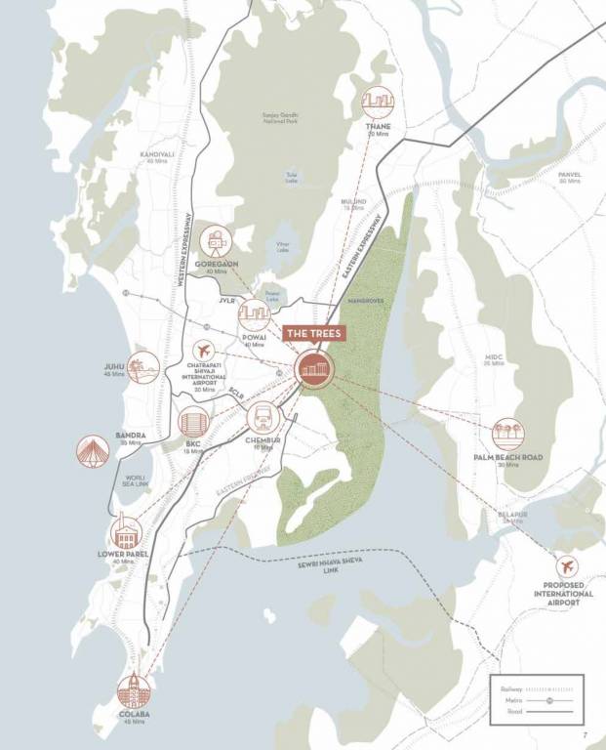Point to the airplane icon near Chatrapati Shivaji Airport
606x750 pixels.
click(204, 350)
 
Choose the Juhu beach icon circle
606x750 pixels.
click(142, 366)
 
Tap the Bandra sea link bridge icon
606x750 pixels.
click(93, 450)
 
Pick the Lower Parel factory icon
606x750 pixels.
click(128, 531)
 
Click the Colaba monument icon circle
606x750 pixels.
click(135, 690)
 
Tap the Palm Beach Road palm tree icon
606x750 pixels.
click(506, 435)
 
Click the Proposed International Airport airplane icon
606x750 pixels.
click(566, 566)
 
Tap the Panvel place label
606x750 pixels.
click(569, 175)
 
